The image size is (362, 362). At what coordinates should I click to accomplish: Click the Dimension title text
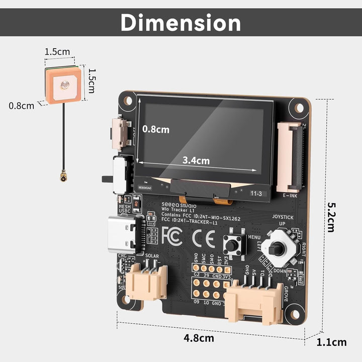(x=181, y=23)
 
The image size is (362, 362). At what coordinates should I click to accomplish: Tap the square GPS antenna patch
(x=63, y=85)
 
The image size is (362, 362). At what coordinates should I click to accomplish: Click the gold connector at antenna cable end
(x=64, y=177)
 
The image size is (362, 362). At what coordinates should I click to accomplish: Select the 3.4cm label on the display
(x=196, y=161)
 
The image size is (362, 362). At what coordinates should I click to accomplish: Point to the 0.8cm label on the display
(x=156, y=129)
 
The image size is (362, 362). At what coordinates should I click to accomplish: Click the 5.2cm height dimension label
(x=331, y=217)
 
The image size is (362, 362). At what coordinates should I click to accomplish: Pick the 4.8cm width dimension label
(x=199, y=338)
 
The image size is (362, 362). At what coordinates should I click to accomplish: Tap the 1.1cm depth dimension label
(x=331, y=342)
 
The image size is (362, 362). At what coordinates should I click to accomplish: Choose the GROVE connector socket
(x=253, y=302)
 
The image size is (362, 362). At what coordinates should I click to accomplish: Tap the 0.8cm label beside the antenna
(x=22, y=106)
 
